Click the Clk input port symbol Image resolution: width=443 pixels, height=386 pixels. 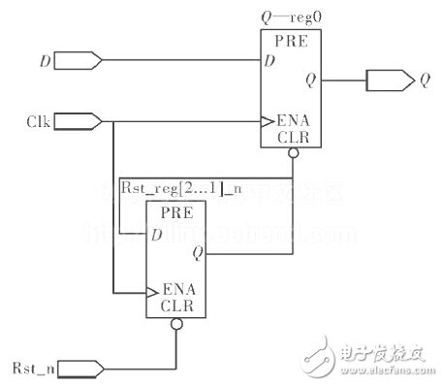click(x=82, y=122)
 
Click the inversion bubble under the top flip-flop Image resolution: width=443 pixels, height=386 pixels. click(x=292, y=154)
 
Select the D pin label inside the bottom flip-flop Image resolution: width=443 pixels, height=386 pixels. click(x=155, y=233)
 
